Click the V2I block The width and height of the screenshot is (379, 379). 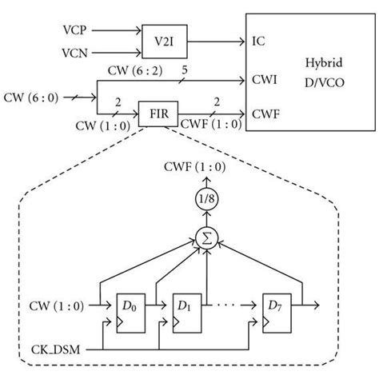click(165, 42)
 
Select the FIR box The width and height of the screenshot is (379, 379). click(158, 114)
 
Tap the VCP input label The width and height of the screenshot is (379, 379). click(74, 30)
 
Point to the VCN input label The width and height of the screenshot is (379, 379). click(74, 53)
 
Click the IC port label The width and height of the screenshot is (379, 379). click(258, 42)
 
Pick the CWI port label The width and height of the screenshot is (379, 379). click(265, 79)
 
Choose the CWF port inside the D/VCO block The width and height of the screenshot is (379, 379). click(265, 114)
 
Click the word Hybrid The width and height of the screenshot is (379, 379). click(324, 63)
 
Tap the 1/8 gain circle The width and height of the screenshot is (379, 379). click(207, 198)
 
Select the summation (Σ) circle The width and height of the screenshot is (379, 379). click(207, 238)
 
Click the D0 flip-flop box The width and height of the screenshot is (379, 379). click(131, 313)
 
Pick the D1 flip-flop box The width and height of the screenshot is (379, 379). click(187, 313)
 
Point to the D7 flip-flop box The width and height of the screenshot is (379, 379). click(277, 313)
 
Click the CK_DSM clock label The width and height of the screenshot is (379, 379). click(56, 349)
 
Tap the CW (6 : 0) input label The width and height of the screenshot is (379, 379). click(31, 98)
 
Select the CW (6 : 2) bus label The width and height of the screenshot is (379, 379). click(135, 70)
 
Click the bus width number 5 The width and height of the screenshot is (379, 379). click(185, 70)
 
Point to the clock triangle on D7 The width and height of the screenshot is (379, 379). click(265, 322)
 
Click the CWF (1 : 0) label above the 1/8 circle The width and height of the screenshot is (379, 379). click(195, 167)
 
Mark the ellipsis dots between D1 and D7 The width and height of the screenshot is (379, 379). click(225, 305)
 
